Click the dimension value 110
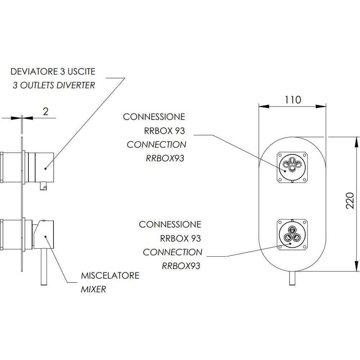(293, 99)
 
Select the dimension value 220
(348, 204)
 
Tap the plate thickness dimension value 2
(45, 111)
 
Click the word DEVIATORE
(34, 71)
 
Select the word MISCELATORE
(110, 276)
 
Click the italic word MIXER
(93, 289)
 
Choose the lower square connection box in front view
(292, 234)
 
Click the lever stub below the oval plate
(292, 278)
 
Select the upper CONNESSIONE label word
(154, 117)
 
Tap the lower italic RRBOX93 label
(181, 266)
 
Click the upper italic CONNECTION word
(157, 145)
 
